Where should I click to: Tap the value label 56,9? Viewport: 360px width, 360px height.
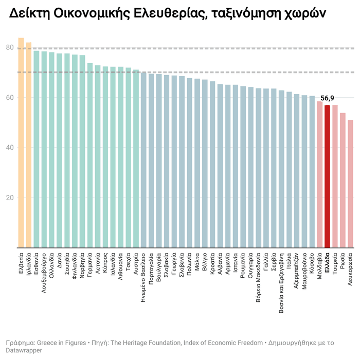pos(328,98)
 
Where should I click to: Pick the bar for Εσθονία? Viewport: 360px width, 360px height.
pos(37,149)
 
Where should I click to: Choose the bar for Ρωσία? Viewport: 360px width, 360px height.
pos(343,180)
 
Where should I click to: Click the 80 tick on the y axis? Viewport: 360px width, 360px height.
pos(10,47)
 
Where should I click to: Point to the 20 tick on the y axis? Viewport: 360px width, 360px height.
pos(10,198)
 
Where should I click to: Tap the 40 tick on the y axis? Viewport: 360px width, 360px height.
pos(10,148)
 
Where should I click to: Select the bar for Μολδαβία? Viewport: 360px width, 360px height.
pos(319,174)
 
